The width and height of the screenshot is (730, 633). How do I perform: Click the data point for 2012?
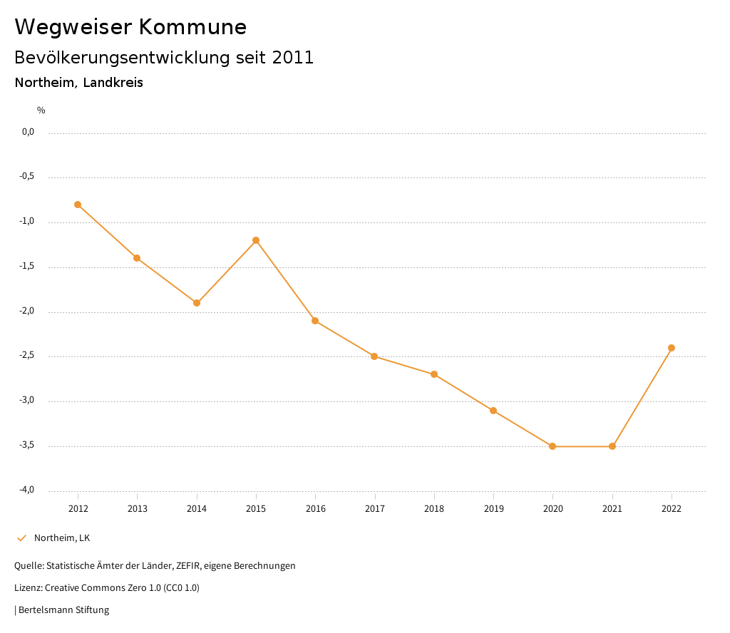tap(78, 205)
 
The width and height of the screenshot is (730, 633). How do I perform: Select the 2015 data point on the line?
tap(256, 240)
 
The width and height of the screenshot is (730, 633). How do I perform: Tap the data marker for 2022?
tap(672, 348)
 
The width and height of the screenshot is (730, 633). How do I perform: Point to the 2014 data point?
tap(197, 303)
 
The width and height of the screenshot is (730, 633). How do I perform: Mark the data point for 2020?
tap(552, 446)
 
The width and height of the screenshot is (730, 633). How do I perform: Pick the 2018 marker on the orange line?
tap(434, 374)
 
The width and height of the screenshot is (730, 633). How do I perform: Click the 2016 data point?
tap(315, 321)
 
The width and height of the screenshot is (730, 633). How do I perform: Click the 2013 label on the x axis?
tap(138, 508)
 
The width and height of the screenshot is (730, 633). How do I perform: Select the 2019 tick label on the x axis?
tap(493, 508)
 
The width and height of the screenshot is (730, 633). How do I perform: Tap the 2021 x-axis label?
tap(612, 508)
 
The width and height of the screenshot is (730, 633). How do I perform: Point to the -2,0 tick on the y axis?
tap(28, 312)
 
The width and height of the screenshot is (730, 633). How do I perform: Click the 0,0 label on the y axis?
tap(29, 132)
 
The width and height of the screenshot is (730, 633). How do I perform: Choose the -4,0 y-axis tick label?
tap(28, 490)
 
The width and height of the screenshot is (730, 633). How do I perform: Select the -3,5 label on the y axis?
tap(28, 446)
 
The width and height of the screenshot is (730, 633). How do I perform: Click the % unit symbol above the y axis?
tap(41, 110)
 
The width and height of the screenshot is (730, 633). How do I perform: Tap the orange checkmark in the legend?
tap(21, 538)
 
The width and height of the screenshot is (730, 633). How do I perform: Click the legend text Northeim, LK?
tap(62, 538)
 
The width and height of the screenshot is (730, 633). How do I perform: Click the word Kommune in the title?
tap(192, 27)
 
